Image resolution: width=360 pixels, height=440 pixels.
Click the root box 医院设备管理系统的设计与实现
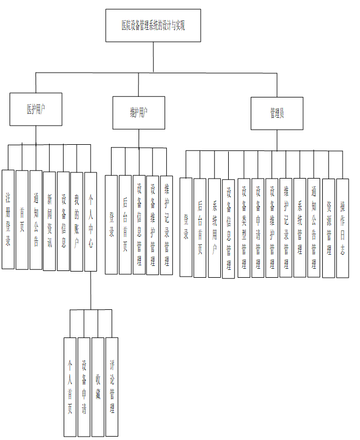(153, 25)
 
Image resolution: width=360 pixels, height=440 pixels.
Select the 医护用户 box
(35, 109)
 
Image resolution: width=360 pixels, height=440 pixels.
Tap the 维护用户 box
(138, 112)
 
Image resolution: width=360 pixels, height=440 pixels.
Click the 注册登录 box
(8, 219)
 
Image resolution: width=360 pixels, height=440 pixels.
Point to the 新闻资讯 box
(50, 221)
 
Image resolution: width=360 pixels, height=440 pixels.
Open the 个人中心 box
(91, 222)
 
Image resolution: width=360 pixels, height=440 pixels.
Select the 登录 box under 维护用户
(112, 224)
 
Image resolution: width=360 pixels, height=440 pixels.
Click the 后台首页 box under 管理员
(200, 227)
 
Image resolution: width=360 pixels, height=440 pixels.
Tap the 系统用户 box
(214, 228)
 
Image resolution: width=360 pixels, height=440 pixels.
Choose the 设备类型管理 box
(244, 228)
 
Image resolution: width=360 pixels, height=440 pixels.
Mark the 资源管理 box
(328, 228)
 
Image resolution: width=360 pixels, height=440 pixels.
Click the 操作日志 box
(342, 228)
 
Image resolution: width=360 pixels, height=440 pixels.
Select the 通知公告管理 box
(314, 228)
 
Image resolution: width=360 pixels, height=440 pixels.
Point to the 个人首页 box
(70, 386)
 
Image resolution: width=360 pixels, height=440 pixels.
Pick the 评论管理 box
(112, 386)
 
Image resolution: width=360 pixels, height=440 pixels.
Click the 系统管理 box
(300, 228)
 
